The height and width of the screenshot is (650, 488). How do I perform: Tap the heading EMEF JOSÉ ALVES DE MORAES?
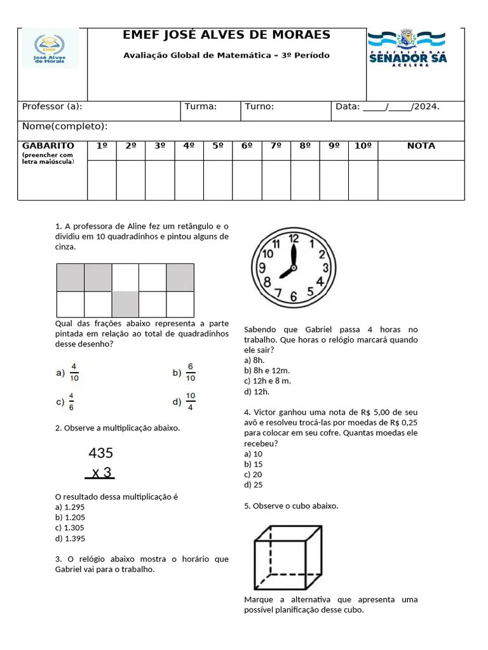click(x=226, y=35)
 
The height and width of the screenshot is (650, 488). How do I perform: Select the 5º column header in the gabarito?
click(x=218, y=146)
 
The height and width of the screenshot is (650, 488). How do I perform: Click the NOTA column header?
click(x=421, y=146)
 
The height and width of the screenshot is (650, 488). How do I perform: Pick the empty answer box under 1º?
click(x=102, y=180)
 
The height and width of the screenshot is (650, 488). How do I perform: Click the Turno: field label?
click(x=259, y=107)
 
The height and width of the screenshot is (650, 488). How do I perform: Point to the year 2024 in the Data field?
click(x=426, y=107)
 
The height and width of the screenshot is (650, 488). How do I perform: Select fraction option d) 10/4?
click(x=184, y=401)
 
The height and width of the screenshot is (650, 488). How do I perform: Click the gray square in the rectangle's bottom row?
click(x=125, y=303)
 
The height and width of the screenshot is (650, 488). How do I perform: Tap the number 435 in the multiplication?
click(x=100, y=453)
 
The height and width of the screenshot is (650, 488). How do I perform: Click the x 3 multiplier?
click(x=101, y=473)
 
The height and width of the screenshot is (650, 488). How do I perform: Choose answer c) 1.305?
click(x=70, y=527)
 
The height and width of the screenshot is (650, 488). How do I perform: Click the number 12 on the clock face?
click(x=294, y=239)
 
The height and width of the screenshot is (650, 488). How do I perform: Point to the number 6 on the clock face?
click(x=293, y=296)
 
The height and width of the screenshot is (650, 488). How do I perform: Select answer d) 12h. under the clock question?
click(x=257, y=391)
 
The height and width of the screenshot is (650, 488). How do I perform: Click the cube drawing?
click(x=288, y=557)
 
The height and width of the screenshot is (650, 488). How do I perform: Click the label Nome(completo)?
click(x=65, y=126)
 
